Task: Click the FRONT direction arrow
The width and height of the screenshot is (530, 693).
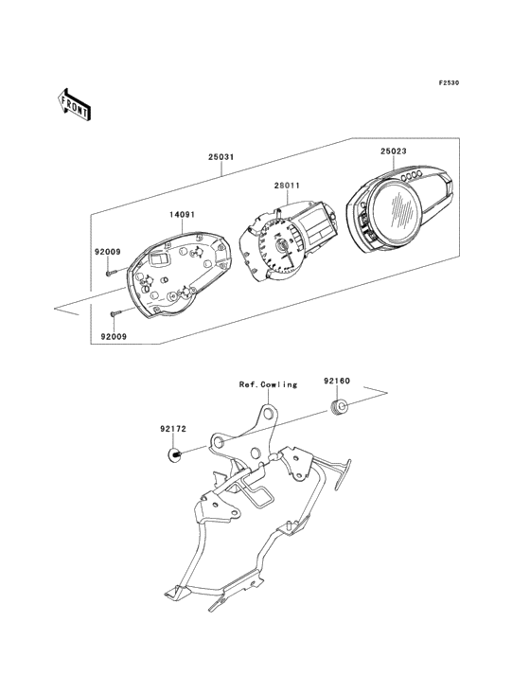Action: pyautogui.click(x=74, y=104)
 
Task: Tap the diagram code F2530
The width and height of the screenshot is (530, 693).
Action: pyautogui.click(x=449, y=82)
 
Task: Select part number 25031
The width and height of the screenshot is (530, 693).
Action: pyautogui.click(x=221, y=157)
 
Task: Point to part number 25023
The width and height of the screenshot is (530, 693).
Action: pyautogui.click(x=394, y=151)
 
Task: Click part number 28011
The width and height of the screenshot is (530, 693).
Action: pyautogui.click(x=286, y=186)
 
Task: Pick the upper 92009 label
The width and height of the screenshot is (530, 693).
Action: pyautogui.click(x=107, y=253)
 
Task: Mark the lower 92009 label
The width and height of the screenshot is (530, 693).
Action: pyautogui.click(x=114, y=336)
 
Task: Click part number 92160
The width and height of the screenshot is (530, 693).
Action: pyautogui.click(x=337, y=381)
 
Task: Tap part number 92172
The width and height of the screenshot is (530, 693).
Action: pyautogui.click(x=173, y=428)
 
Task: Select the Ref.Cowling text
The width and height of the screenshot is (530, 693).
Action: pyautogui.click(x=268, y=384)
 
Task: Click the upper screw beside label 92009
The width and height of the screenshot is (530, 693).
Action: pyautogui.click(x=111, y=273)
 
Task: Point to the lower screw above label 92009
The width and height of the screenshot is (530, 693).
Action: pyautogui.click(x=115, y=313)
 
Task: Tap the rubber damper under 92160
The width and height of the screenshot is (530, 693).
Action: pyautogui.click(x=339, y=407)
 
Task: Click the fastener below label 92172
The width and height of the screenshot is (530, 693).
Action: pyautogui.click(x=175, y=453)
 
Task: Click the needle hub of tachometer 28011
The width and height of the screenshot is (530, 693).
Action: pyautogui.click(x=281, y=245)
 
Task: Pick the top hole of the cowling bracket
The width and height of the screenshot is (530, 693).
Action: pyautogui.click(x=268, y=413)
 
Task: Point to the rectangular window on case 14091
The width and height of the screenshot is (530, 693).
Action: pyautogui.click(x=159, y=258)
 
